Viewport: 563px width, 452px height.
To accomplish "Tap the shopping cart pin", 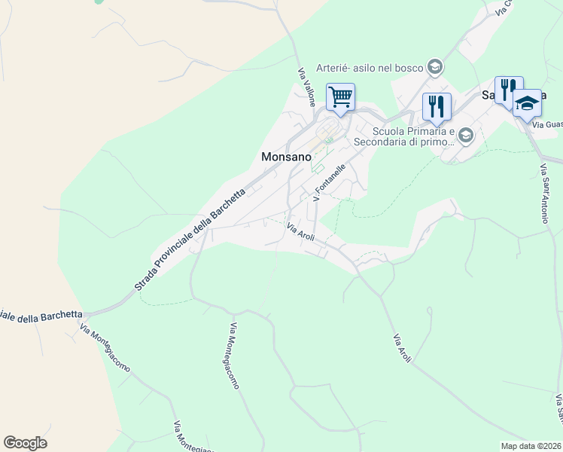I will pyautogui.click(x=340, y=97).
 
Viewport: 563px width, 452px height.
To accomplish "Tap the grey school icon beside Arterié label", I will pyautogui.click(x=434, y=68).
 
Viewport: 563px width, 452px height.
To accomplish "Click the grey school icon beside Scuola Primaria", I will pyautogui.click(x=466, y=136).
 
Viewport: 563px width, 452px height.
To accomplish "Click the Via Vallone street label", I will pyautogui.click(x=306, y=87).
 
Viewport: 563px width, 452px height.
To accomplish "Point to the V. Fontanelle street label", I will pyautogui.click(x=329, y=183).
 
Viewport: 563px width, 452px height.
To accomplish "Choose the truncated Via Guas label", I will pyautogui.click(x=547, y=124).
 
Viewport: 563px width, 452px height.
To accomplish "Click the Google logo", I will pyautogui.click(x=25, y=443).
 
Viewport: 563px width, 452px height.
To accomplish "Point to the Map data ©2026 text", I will pyautogui.click(x=531, y=446).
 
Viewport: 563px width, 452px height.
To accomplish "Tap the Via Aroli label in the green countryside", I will pyautogui.click(x=400, y=348).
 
